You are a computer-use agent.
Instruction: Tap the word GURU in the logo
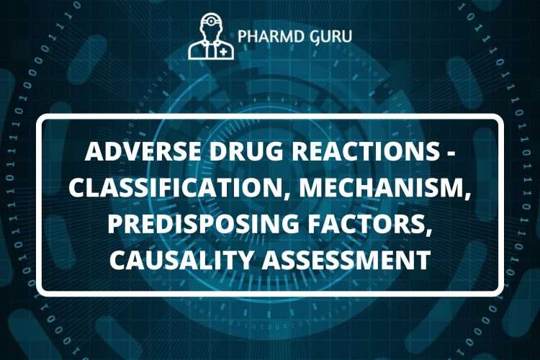click(329, 36)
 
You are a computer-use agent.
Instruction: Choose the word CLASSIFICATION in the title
click(180, 186)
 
